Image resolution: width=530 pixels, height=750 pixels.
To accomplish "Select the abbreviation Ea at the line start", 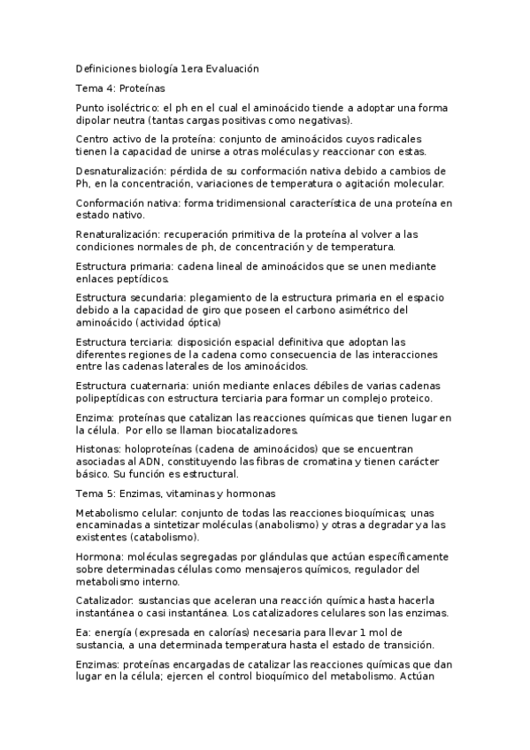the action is coord(83,632).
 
